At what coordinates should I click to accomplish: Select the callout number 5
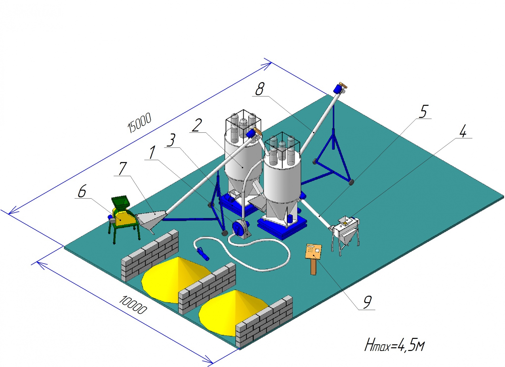pos(423,111)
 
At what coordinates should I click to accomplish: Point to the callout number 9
pos(367,302)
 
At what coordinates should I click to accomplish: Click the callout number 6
pos(82,191)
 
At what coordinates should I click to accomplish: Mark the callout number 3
pos(171,140)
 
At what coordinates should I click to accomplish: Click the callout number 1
pos(152,152)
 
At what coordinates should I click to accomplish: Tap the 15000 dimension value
pos(139,122)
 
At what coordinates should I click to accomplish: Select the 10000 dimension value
pos(133,305)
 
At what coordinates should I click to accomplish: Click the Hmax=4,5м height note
pos(395,345)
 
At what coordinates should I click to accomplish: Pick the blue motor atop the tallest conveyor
pos(339,89)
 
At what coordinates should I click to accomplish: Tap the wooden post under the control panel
pos(313,267)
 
